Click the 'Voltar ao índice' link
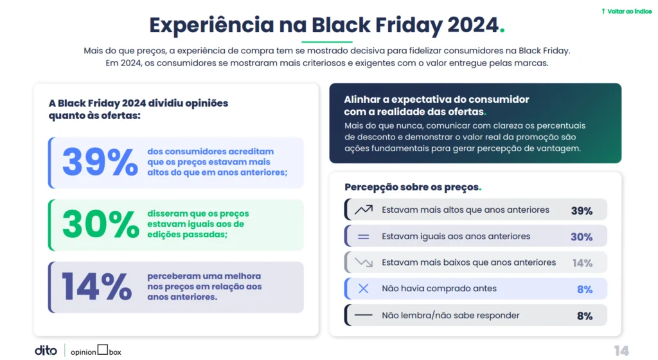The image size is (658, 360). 627,12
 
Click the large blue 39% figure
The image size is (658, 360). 100,163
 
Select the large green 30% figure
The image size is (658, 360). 100,225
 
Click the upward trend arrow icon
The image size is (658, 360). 364,210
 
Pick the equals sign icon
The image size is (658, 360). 364,237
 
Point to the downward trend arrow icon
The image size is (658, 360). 364,263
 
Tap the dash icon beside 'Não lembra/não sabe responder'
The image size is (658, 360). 364,316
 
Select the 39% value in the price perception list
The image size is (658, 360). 582,210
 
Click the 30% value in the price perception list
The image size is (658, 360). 582,237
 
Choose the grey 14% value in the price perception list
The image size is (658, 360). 582,263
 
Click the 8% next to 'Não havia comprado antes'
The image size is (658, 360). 584,289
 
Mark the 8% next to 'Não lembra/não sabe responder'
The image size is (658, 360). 584,316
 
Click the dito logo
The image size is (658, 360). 46,350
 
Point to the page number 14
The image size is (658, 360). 621,350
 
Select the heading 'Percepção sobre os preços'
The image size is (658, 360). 411,187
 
